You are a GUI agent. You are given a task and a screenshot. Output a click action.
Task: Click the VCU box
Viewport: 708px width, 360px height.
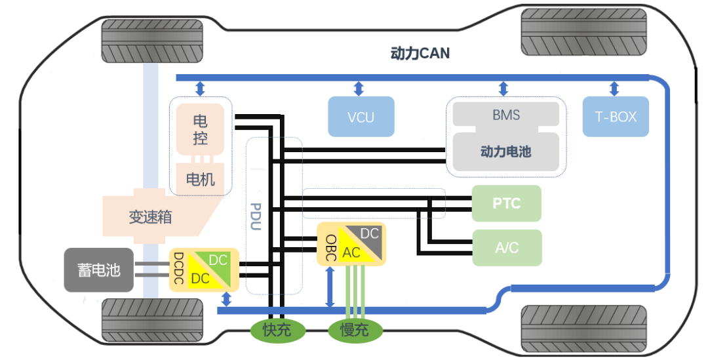pos(361,117)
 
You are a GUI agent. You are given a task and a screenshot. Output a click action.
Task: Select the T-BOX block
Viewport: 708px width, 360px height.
pos(616,117)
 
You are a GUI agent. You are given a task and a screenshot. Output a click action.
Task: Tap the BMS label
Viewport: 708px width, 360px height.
pos(506,115)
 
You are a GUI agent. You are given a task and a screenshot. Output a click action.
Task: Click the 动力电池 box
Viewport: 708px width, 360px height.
pos(506,152)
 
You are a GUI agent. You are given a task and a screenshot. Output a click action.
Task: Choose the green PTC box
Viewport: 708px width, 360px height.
pos(507,203)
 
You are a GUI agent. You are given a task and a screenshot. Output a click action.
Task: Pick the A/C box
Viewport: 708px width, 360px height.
pos(507,247)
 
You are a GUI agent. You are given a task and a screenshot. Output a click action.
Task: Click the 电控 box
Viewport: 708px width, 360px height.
pos(200,130)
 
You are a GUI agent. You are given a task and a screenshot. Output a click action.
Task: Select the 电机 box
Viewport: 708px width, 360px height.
pos(200,178)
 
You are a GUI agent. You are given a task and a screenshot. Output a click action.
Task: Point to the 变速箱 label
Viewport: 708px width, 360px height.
pos(150,217)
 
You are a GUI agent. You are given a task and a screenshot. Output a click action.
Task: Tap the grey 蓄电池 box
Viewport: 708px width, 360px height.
pos(98,270)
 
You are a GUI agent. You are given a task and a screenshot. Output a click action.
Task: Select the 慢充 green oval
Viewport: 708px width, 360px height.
pos(355,329)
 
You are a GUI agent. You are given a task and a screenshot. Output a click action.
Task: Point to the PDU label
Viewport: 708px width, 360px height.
pos(256,217)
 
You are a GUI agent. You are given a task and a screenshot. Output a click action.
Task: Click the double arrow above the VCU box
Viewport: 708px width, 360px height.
pos(359,89)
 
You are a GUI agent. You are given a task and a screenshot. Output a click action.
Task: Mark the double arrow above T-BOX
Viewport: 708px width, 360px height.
pos(614,89)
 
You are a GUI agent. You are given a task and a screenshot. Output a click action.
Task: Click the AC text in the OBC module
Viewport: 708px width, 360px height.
pos(351,252)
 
